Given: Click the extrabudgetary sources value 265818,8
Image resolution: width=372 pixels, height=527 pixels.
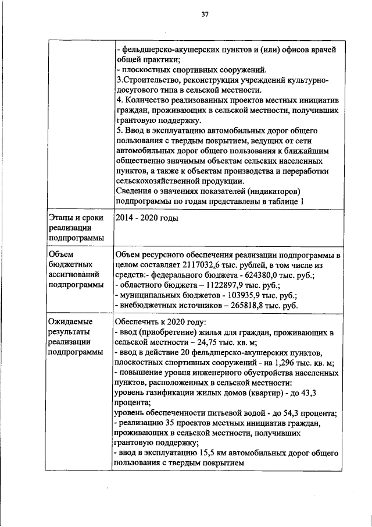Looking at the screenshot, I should click(235, 305).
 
